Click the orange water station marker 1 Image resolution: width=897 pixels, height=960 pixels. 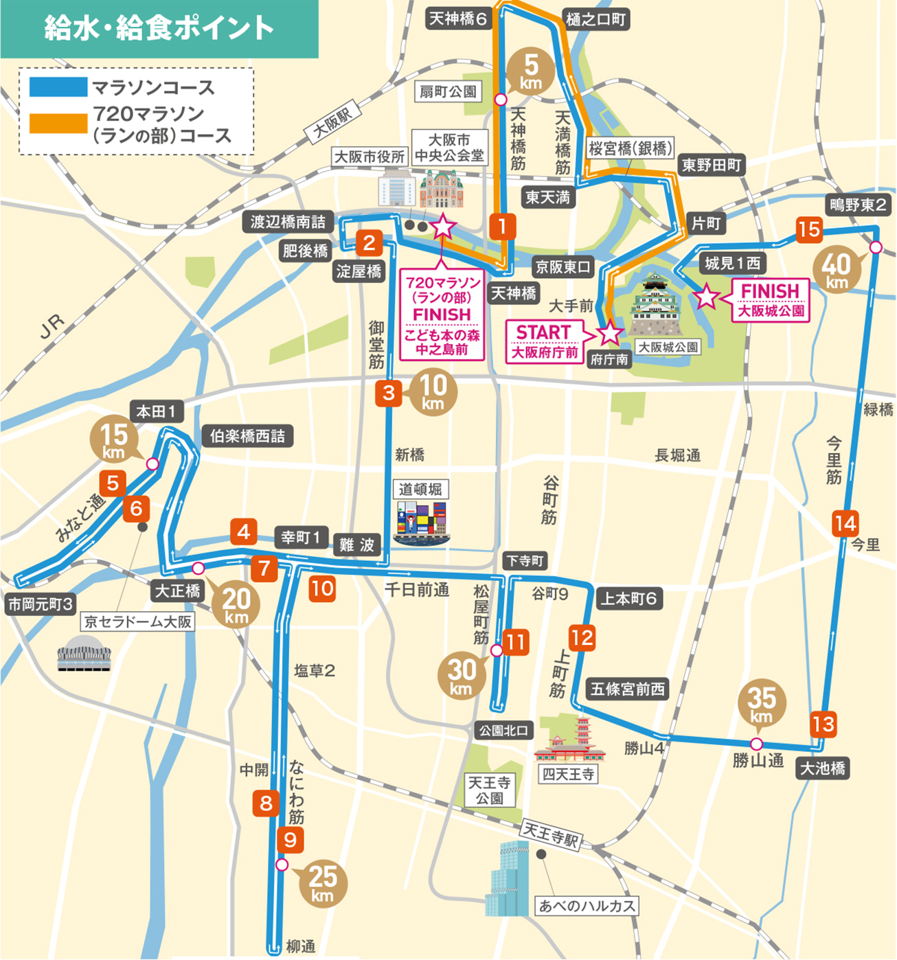pyautogui.click(x=503, y=226)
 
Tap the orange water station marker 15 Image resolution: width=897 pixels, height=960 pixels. pyautogui.click(x=809, y=229)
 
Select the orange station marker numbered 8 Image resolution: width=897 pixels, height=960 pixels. pyautogui.click(x=266, y=803)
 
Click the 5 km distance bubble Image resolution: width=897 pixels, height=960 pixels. pyautogui.click(x=531, y=71)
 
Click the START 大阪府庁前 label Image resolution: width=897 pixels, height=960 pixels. pyautogui.click(x=544, y=341)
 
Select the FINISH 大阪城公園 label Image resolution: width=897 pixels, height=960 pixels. pyautogui.click(x=771, y=300)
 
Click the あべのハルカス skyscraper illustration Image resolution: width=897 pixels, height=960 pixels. pyautogui.click(x=507, y=880)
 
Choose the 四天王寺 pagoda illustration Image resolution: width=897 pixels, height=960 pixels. pyautogui.click(x=569, y=739)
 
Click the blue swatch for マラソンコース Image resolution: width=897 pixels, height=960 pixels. pyautogui.click(x=58, y=87)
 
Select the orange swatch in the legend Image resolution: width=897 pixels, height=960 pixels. pyautogui.click(x=58, y=122)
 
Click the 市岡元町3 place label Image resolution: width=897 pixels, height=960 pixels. pyautogui.click(x=41, y=604)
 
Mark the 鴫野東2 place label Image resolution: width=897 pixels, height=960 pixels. pyautogui.click(x=859, y=204)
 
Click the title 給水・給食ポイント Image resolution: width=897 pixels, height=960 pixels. pyautogui.click(x=159, y=28)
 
